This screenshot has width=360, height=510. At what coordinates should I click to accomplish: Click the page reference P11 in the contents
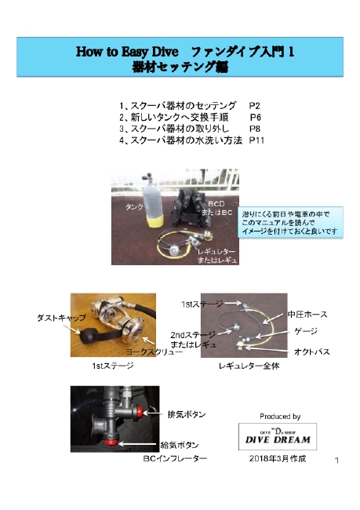[x=256, y=140]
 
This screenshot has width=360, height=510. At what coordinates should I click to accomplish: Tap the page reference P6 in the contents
[x=255, y=117]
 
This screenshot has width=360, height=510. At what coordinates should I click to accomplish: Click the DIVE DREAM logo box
[x=278, y=436]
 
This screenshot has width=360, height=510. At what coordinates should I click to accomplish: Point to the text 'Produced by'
[x=280, y=417]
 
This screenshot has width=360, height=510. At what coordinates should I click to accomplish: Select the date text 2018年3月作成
[x=278, y=459]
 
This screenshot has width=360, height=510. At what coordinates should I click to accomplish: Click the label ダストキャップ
[x=61, y=318]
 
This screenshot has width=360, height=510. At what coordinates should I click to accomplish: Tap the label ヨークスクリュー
[x=154, y=352]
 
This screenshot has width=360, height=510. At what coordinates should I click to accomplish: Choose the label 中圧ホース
[x=307, y=315]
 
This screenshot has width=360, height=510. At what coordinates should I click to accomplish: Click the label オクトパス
[x=312, y=352]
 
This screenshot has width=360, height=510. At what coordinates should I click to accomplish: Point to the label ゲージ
[x=306, y=331]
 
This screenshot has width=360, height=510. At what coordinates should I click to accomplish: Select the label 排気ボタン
[x=187, y=414]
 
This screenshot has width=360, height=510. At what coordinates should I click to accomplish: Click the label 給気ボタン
[x=180, y=445]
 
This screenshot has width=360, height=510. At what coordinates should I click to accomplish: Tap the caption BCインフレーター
[x=175, y=458]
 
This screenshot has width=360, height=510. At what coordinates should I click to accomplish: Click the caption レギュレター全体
[x=249, y=366]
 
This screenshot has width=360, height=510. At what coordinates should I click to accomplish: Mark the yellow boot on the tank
[x=154, y=221]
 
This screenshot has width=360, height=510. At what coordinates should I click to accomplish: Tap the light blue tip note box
[x=290, y=223]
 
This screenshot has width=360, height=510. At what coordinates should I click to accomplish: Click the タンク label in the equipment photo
[x=134, y=207]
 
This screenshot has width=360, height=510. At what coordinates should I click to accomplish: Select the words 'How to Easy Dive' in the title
[x=127, y=51]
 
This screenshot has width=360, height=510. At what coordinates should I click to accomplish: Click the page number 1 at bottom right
[x=336, y=461]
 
